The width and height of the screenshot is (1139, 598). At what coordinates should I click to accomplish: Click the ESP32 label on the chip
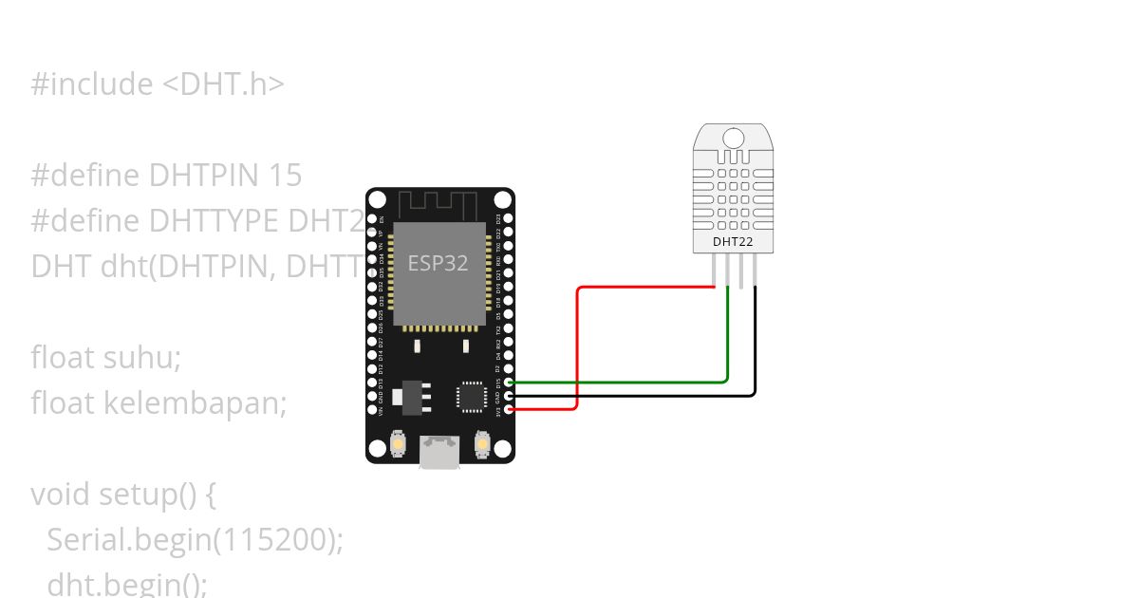click(438, 263)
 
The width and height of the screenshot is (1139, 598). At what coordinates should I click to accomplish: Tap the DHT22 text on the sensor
click(733, 242)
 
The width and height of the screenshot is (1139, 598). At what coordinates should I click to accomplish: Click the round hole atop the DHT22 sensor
click(734, 139)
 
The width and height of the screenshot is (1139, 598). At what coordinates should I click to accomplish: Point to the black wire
click(756, 342)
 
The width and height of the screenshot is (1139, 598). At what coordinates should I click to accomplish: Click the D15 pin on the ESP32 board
click(510, 383)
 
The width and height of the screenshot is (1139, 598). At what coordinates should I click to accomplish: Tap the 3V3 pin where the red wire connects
click(510, 409)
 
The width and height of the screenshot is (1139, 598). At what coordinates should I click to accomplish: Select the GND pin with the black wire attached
click(510, 396)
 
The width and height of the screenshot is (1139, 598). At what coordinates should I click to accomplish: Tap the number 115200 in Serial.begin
click(277, 540)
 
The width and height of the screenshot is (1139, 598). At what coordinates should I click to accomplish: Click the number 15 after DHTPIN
click(285, 176)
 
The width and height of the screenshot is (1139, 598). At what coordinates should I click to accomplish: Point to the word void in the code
click(61, 495)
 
